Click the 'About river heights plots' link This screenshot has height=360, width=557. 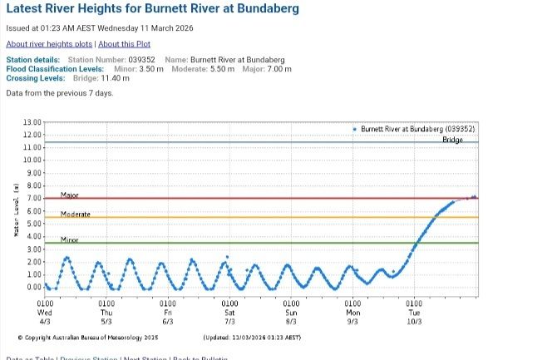(x=50, y=43)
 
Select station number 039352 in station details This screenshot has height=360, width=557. (x=139, y=60)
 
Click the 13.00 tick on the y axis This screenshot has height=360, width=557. (x=32, y=122)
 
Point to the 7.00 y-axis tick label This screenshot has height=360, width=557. (x=33, y=199)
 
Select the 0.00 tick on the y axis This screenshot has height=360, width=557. (x=33, y=288)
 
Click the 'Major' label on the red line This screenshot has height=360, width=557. (x=69, y=195)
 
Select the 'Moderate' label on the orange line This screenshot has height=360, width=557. (x=75, y=214)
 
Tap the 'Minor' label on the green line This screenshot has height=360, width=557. (x=69, y=239)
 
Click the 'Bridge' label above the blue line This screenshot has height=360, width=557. (x=452, y=139)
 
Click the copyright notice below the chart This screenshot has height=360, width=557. (x=81, y=338)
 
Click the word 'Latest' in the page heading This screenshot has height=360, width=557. (x=27, y=9)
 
